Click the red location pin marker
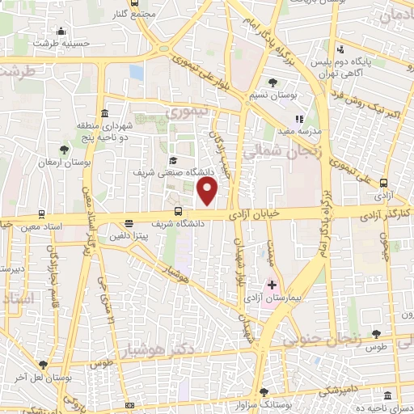coord(209,192)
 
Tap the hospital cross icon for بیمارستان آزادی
coord(272,285)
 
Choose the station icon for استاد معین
coord(41,214)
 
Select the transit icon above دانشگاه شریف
coord(179,212)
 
